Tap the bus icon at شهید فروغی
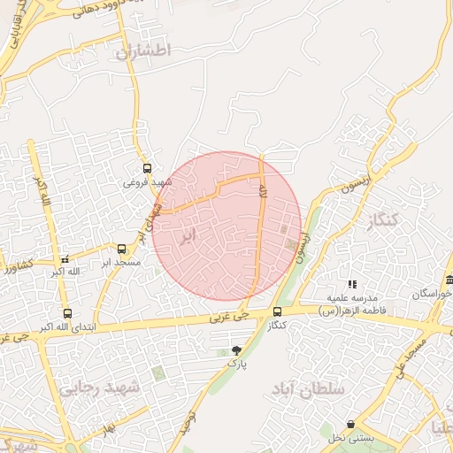(147, 168)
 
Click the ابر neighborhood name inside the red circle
(187, 236)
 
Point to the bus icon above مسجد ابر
(121, 249)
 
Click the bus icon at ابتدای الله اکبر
(68, 313)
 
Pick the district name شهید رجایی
(100, 388)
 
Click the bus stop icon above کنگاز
(278, 311)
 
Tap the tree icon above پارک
(235, 350)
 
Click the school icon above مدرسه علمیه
(352, 284)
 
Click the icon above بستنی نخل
(352, 425)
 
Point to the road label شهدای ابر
(150, 221)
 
